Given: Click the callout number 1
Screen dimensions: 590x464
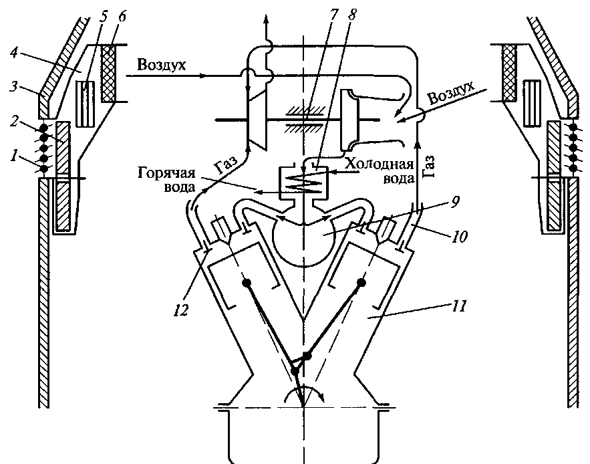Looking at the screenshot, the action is pyautogui.click(x=14, y=154).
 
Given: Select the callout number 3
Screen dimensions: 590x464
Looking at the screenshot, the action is pyautogui.click(x=13, y=86).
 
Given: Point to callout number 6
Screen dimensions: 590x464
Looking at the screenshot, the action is pyautogui.click(x=123, y=16).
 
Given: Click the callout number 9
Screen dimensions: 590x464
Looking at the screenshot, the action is pyautogui.click(x=455, y=202).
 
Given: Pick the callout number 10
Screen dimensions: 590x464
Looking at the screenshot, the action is pyautogui.click(x=459, y=236).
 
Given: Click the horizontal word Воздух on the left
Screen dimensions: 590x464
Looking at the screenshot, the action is pyautogui.click(x=162, y=65).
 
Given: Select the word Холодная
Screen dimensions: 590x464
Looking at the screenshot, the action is pyautogui.click(x=380, y=164).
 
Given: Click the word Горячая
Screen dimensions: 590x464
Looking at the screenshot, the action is pyautogui.click(x=166, y=174).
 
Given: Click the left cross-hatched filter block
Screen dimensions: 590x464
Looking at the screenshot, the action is pyautogui.click(x=109, y=73).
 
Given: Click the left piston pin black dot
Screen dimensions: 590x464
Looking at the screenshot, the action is pyautogui.click(x=247, y=283).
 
